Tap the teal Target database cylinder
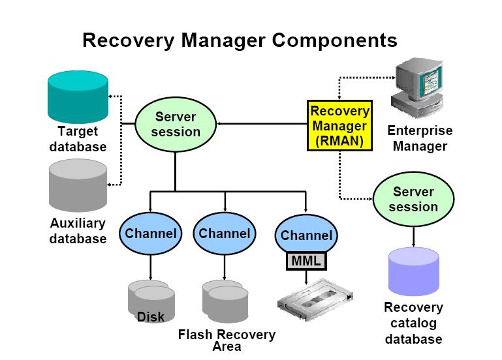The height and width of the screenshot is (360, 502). [x=78, y=95]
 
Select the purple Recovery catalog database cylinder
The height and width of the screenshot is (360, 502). [x=415, y=271]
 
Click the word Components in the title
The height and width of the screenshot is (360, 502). [x=335, y=40]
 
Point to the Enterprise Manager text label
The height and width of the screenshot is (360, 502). [x=420, y=138]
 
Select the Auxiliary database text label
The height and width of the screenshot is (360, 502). [x=78, y=231]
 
